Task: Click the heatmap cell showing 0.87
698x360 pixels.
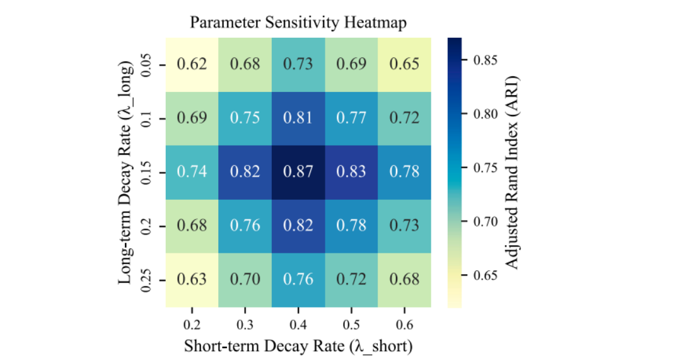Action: point(298,172)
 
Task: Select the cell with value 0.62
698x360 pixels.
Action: point(192,64)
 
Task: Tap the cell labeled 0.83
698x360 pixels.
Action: point(351,172)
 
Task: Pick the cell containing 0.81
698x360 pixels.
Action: point(298,118)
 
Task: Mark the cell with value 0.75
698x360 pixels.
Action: point(245,118)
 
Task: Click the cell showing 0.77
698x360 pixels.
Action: point(351,118)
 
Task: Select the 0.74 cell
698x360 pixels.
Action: point(192,172)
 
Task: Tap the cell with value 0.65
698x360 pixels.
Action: point(404,64)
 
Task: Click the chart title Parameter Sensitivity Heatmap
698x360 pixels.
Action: point(298,23)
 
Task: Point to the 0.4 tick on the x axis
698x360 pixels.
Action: point(298,324)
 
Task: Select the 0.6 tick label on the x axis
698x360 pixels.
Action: point(404,324)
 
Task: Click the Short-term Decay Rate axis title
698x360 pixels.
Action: point(298,346)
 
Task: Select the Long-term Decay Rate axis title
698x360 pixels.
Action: point(126,172)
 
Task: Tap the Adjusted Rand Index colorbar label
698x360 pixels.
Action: point(513,172)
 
